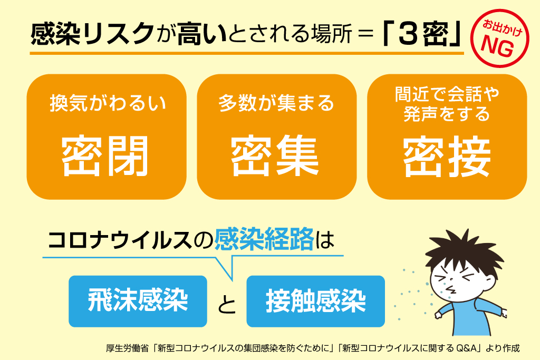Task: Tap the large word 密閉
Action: click(x=106, y=156)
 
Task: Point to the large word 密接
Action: click(x=447, y=156)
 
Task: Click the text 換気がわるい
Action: click(x=108, y=103)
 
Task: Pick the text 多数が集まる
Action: click(x=276, y=103)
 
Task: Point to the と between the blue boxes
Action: click(x=227, y=304)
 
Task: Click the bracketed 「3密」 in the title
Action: click(x=419, y=34)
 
